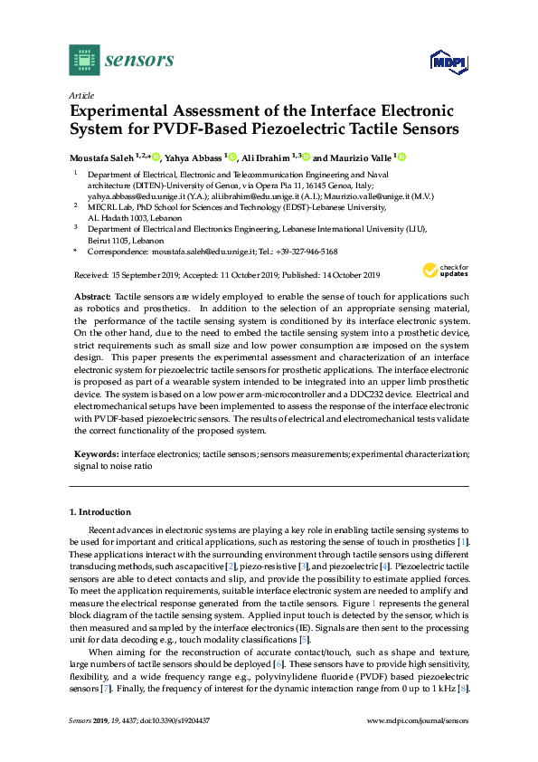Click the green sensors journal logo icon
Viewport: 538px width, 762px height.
(83, 61)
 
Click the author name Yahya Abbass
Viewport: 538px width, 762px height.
(194, 156)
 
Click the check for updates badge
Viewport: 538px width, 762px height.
(444, 271)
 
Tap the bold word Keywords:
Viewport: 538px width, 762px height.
(96, 452)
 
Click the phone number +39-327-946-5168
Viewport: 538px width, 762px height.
(304, 252)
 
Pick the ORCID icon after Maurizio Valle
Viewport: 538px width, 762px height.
(401, 156)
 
